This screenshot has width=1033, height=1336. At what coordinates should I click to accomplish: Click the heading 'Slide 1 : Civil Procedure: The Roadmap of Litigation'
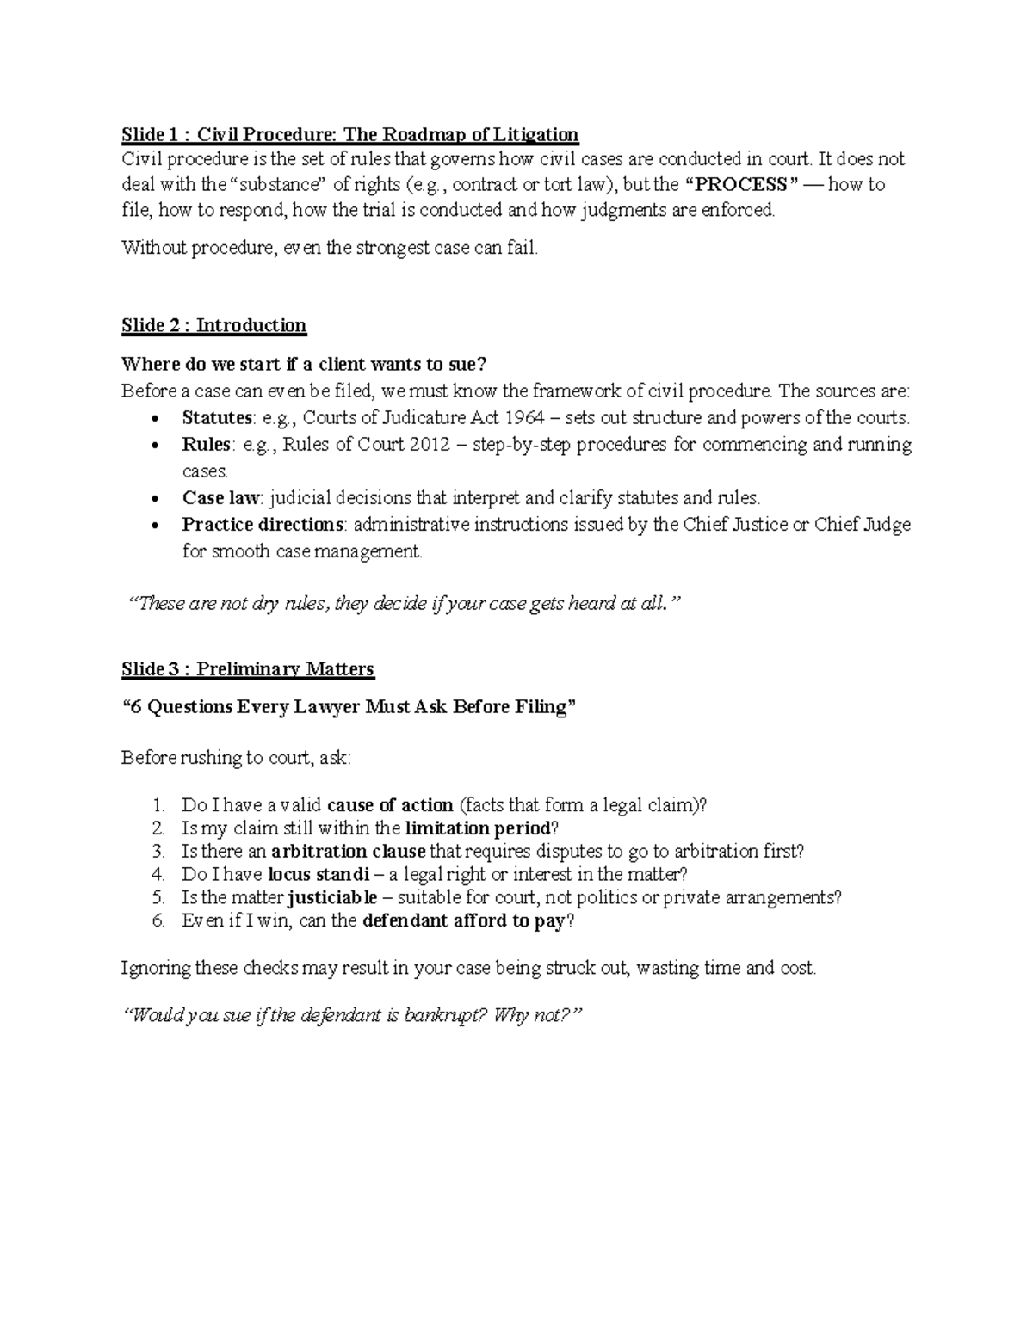(349, 134)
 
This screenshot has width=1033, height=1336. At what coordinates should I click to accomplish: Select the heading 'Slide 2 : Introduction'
(213, 325)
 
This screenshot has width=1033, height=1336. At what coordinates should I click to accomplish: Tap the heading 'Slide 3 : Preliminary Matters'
(248, 669)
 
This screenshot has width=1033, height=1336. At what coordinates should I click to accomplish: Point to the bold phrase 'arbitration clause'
(348, 852)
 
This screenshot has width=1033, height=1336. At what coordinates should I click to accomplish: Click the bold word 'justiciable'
(332, 898)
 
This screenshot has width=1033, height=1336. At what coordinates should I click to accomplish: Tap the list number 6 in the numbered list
(157, 921)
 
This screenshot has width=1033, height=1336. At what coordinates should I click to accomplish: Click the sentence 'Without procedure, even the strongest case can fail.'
(330, 249)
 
